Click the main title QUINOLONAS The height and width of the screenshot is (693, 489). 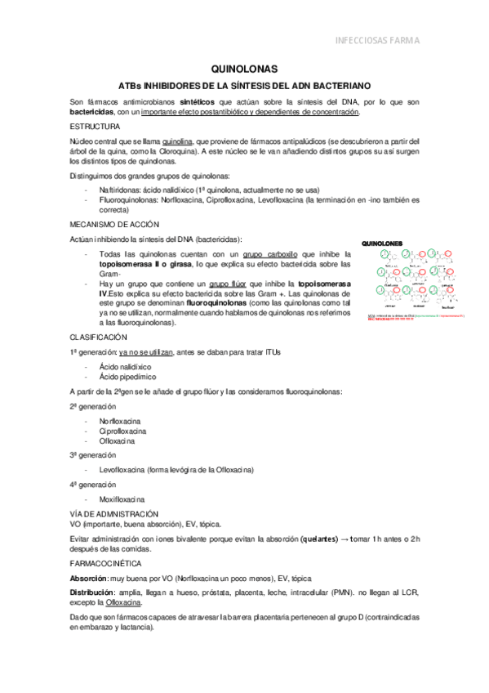244,69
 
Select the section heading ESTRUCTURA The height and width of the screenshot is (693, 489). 95,127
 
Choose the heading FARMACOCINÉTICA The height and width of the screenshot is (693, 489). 105,563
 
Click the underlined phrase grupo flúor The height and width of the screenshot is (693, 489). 229,284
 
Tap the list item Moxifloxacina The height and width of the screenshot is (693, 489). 122,499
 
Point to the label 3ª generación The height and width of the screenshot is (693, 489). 93,454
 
